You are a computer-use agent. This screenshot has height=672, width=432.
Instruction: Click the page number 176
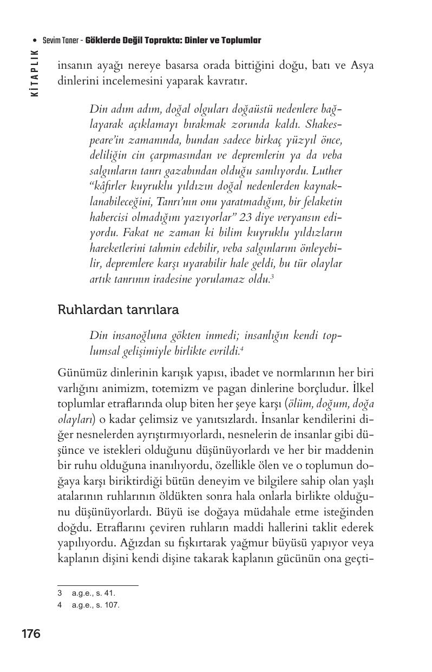coord(31,634)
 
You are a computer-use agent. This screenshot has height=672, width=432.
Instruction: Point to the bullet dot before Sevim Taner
coord(35,41)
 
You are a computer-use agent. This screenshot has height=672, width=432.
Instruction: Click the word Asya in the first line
coord(362,66)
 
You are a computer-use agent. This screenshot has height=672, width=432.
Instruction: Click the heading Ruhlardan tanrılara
coord(118,310)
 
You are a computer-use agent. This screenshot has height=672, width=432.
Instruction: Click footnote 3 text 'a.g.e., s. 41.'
coord(93,593)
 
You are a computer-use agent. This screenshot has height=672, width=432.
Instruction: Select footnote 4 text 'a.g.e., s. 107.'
coord(95,605)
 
